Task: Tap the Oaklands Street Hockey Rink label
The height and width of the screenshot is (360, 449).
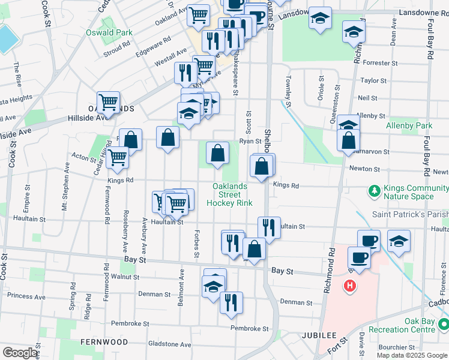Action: [x=229, y=194]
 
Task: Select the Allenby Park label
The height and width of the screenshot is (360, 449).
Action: [x=417, y=126]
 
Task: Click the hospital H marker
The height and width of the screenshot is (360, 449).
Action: [x=349, y=286]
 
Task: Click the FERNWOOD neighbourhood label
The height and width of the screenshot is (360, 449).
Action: [x=104, y=341]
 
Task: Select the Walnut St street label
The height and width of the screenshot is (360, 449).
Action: [x=125, y=277]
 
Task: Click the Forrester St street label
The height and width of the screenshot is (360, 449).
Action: [x=381, y=62]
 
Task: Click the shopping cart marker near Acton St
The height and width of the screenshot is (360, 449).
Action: [x=118, y=157]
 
